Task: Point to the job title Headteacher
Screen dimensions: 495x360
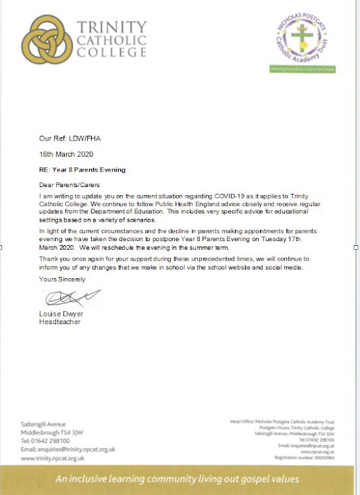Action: [60, 322]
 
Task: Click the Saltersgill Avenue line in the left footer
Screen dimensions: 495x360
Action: [43, 424]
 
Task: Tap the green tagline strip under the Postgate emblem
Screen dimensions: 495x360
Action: [303, 70]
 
